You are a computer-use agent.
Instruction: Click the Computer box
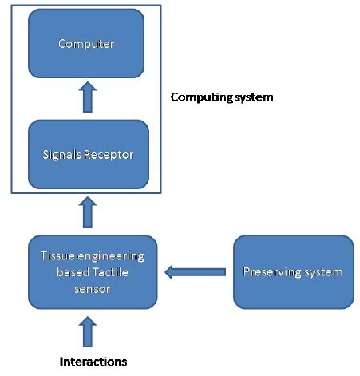point(87,44)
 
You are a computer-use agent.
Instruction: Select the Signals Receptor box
point(87,153)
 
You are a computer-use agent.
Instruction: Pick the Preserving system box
point(293,272)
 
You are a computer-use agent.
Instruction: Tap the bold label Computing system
point(223,97)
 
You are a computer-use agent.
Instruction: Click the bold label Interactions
point(93,361)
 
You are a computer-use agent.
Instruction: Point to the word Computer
point(87,43)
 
